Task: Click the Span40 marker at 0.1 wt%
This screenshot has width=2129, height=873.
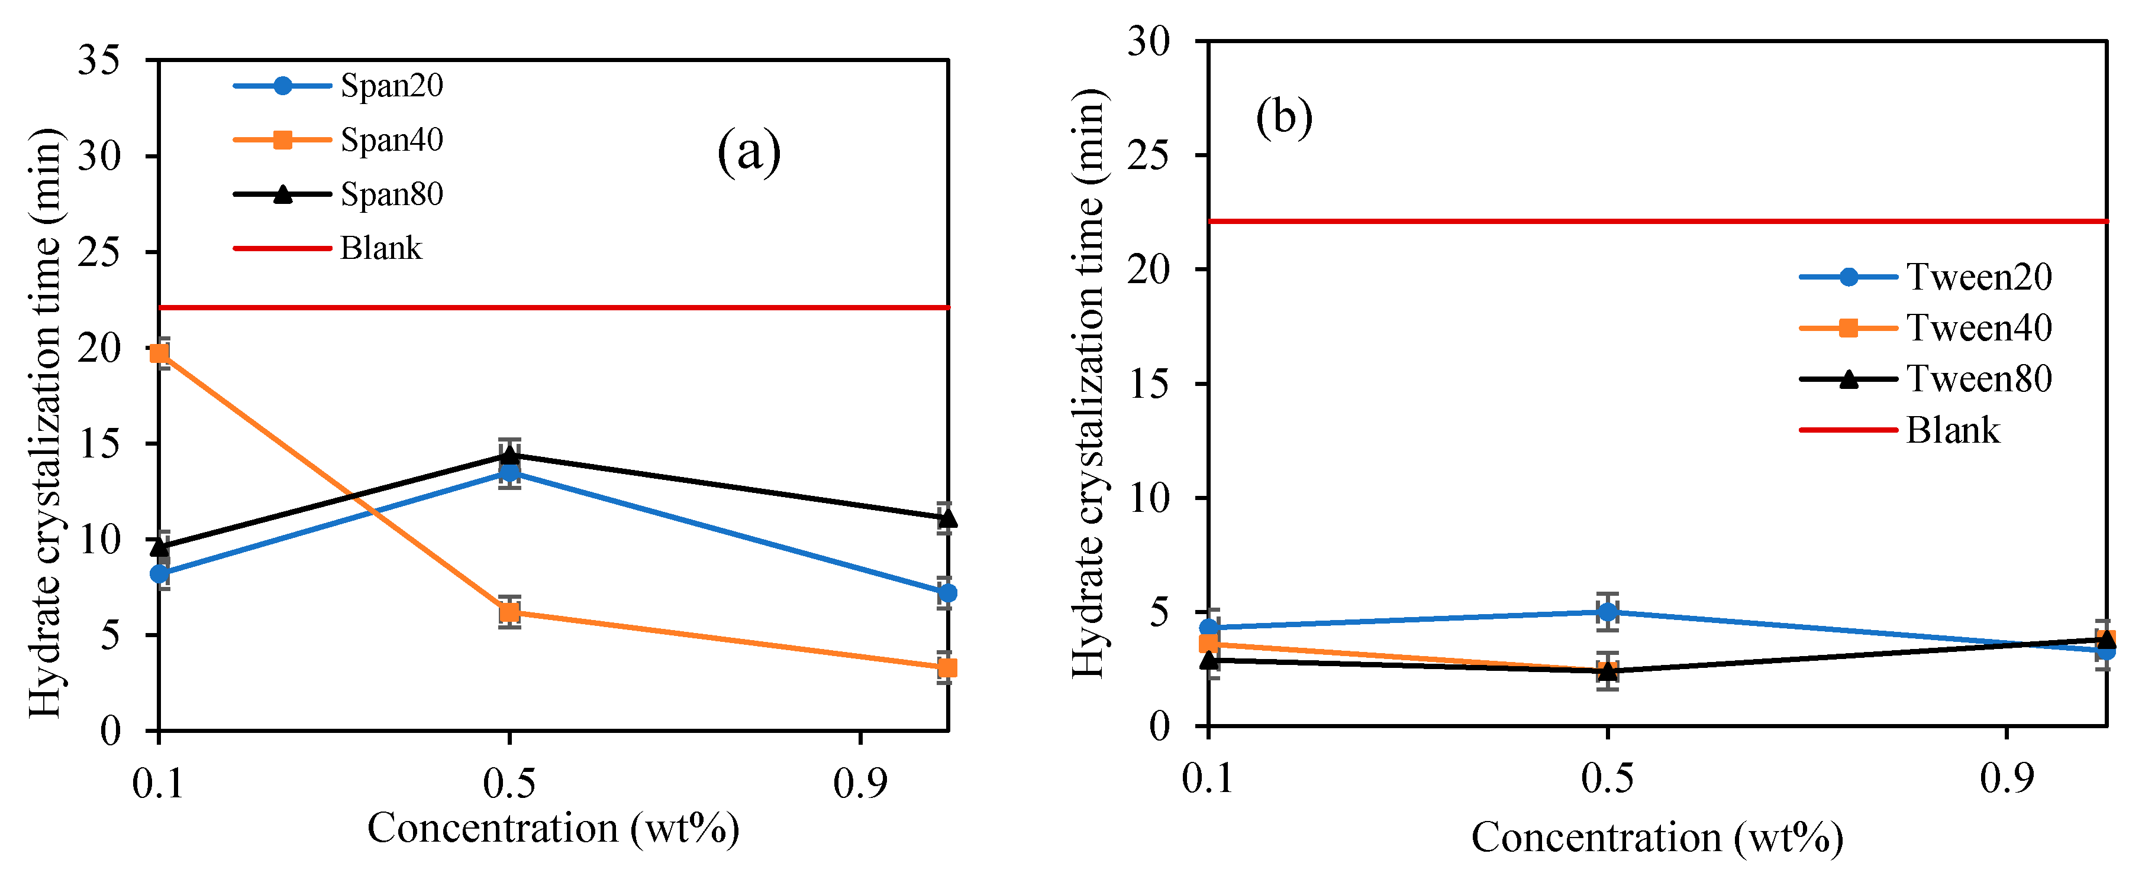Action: click(160, 353)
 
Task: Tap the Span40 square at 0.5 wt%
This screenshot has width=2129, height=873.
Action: click(510, 612)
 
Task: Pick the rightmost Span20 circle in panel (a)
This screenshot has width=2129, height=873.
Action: click(947, 593)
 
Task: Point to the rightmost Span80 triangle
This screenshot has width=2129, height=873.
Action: click(947, 518)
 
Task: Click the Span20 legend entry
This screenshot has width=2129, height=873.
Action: click(391, 86)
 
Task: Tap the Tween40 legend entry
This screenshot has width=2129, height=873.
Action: click(1979, 328)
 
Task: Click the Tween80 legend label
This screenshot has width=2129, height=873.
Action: click(1979, 379)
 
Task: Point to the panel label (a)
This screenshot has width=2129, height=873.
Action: click(748, 152)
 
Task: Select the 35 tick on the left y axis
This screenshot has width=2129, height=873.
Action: click(99, 60)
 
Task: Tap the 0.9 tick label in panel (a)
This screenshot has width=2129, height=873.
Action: click(860, 782)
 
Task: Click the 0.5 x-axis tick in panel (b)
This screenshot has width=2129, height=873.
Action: click(1607, 778)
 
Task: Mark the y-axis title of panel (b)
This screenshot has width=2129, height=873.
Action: click(1089, 384)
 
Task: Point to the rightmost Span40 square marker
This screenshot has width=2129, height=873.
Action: click(947, 667)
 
